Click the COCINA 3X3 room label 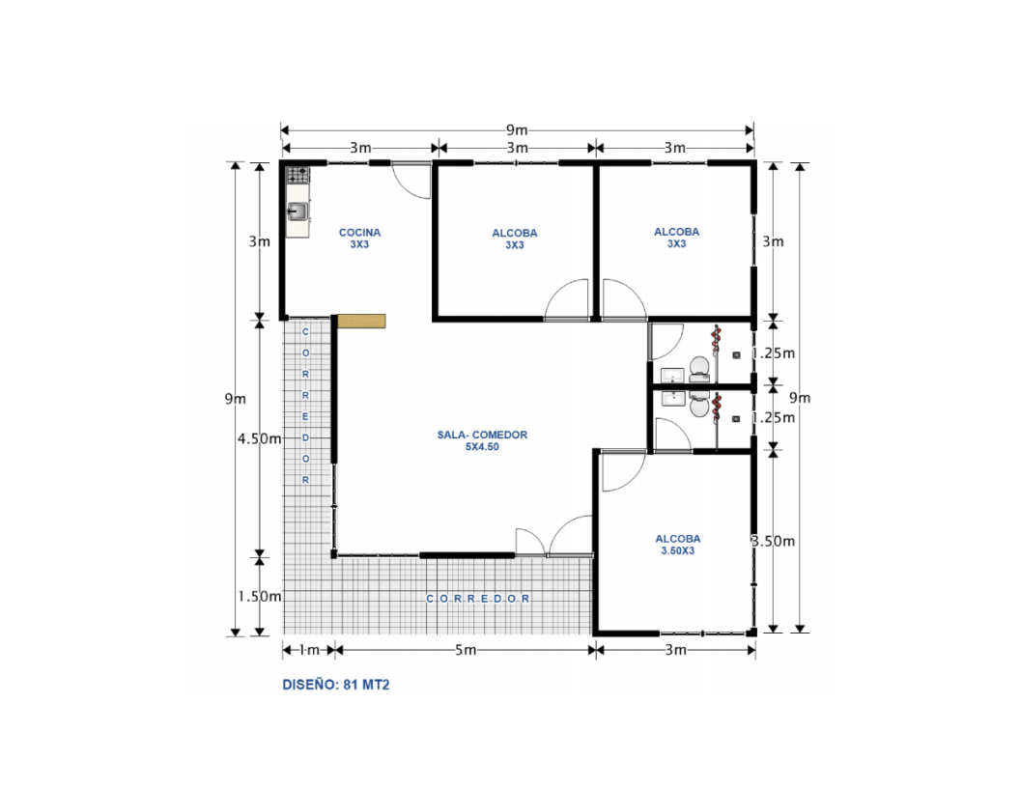pos(359,239)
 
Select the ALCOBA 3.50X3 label pos(677,544)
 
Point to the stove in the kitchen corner pos(297,175)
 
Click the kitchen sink pos(297,211)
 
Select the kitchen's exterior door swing pos(411,180)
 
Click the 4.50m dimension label pos(259,437)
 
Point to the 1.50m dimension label pos(259,596)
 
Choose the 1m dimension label pos(308,650)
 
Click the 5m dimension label pos(466,650)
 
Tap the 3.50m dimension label pos(774,541)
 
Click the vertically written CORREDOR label pos(306,405)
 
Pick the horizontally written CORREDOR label pos(479,599)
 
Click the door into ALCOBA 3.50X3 pos(622,471)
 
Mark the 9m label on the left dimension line pos(235,398)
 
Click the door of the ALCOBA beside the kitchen pos(567,300)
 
